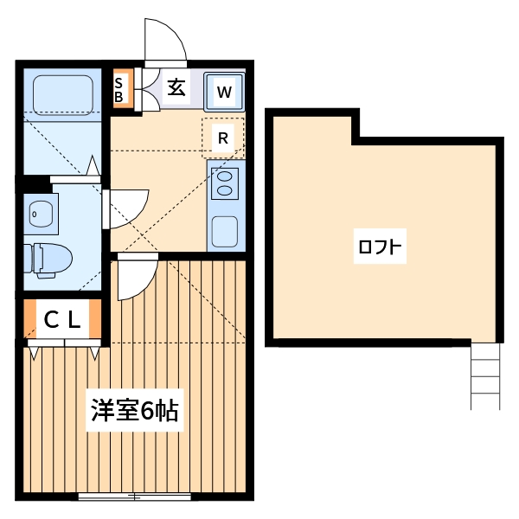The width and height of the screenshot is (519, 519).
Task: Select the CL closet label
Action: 62,320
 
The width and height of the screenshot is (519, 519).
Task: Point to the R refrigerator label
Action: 222,138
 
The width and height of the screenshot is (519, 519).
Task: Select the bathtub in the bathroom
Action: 61,94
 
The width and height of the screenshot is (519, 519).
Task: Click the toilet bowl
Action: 48,258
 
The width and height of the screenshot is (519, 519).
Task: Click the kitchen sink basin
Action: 225,230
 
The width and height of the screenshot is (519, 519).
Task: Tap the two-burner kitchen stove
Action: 225,183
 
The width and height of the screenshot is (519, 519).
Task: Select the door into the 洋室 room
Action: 134,277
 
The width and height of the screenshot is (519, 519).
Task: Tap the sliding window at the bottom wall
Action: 134,497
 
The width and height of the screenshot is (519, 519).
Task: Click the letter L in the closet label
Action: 74,320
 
